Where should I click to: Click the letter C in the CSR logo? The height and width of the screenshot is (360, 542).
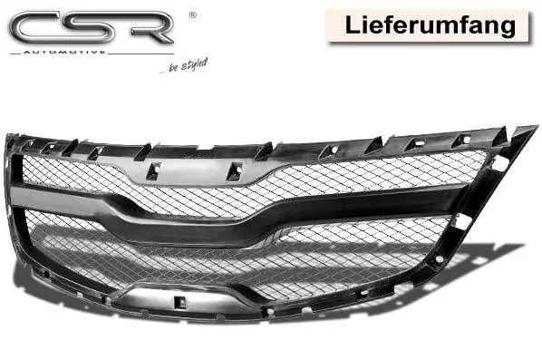click(x=36, y=26)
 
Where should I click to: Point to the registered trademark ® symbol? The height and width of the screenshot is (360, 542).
click(x=189, y=15)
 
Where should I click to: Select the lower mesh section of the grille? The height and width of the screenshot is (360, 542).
click(x=272, y=263)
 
